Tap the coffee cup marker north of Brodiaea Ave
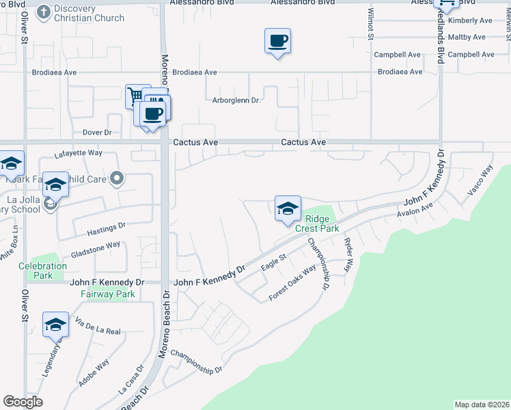277,42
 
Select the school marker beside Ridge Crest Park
288,208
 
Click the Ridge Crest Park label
317,224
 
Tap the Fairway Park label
107,294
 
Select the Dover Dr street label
96,133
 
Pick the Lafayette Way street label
78,154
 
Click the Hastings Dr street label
108,225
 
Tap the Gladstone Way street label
96,245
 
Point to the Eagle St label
272,262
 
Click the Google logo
23,402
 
